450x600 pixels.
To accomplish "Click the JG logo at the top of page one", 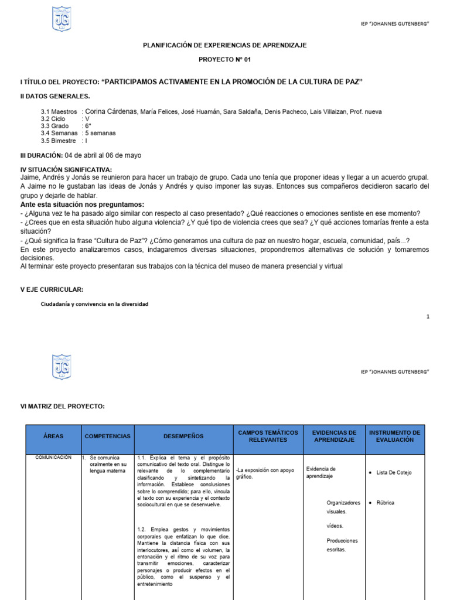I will pos(62,19).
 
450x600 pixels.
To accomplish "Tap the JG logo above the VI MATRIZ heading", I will pos(62,367).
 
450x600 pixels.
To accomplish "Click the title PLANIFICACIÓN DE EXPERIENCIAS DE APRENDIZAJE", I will pos(225,45).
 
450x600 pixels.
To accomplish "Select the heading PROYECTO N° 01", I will pos(225,60).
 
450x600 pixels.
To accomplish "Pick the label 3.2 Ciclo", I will pos(53,118).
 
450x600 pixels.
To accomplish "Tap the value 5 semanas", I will pos(100,133).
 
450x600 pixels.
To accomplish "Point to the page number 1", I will pos(428,316).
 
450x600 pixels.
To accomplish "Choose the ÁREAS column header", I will pos(53,437).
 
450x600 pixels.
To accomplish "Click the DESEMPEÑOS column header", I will pos(183,437).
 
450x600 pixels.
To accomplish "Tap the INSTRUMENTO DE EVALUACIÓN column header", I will pos(395,435).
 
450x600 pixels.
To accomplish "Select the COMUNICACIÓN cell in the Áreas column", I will pos(53,457).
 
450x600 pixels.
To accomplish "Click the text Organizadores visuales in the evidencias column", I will pos(343,507).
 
